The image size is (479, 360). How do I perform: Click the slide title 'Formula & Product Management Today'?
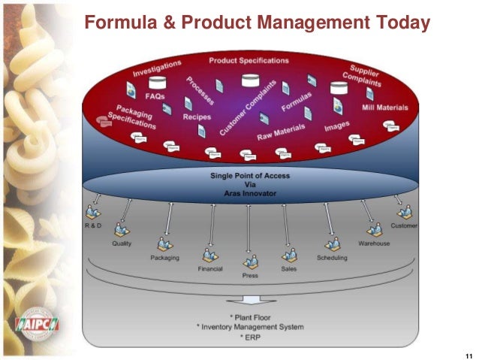click(x=257, y=23)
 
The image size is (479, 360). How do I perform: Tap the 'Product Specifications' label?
click(x=250, y=60)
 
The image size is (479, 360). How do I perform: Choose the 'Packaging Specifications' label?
click(x=131, y=116)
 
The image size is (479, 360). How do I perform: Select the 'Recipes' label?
click(x=196, y=117)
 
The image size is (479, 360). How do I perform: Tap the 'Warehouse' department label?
click(x=373, y=243)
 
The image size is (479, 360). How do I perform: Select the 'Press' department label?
click(x=250, y=276)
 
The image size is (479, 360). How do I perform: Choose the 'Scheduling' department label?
click(x=332, y=258)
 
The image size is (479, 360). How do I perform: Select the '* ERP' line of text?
click(x=250, y=337)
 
